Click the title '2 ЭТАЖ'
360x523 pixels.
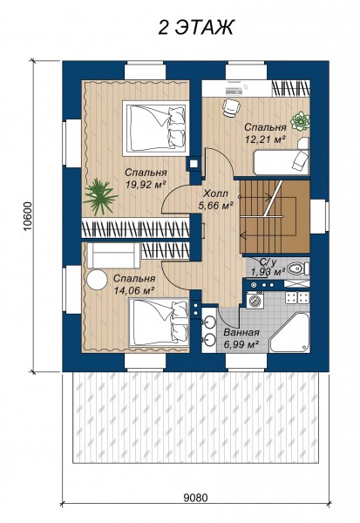pos(196,27)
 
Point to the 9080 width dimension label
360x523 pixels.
pos(195,498)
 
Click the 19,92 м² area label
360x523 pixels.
pos(146,184)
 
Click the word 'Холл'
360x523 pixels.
pos(216,194)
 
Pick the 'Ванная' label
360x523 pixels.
pos(241,333)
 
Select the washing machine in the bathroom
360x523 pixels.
pos(255,300)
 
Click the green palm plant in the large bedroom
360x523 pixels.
pos(99,196)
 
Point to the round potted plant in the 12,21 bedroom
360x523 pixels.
pos(300,121)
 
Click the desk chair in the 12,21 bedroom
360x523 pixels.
pos(231,107)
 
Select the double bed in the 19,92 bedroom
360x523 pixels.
pos(155,128)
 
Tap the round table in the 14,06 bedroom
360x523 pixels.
pos(97,279)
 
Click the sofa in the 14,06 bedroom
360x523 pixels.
pos(114,255)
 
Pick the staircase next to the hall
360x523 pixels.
pos(275,217)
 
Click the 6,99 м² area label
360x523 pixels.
pos(241,344)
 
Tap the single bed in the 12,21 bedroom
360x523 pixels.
pos(282,162)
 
